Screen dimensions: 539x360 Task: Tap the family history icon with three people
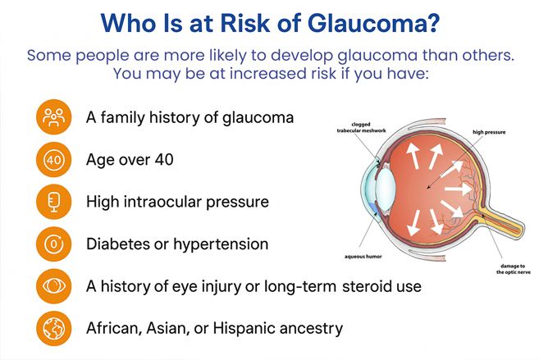coord(53,117)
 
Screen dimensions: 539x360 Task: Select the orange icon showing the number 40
coord(53,159)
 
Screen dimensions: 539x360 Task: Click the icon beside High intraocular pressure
coord(53,202)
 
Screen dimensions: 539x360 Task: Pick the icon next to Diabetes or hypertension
coord(53,244)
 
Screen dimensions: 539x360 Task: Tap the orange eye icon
coord(53,286)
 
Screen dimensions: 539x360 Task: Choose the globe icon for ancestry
coord(53,328)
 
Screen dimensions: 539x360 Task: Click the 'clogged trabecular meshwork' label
coord(361,127)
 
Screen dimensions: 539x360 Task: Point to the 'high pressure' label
coord(489,132)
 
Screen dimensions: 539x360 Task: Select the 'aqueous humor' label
coord(363,256)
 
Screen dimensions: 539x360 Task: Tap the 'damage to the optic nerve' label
coord(514,269)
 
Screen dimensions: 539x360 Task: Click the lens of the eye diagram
coord(386,188)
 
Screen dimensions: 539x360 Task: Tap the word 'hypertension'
coord(221,244)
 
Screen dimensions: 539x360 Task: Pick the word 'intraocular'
coord(162,202)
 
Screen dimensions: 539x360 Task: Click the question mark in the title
coord(434,23)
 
